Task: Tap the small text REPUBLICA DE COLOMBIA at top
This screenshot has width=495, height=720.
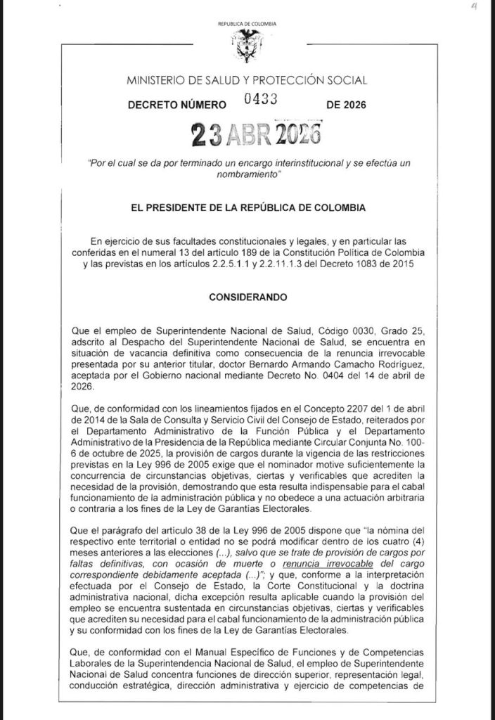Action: tap(247, 25)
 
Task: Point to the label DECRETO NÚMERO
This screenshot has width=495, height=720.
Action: tap(176, 105)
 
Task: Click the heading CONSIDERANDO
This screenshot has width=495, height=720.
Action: tap(247, 297)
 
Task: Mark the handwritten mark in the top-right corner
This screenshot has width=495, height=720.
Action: tap(476, 6)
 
